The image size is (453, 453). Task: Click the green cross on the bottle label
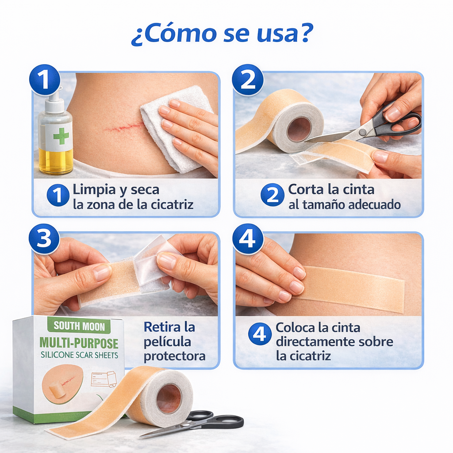[61, 136]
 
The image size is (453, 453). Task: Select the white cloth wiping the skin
[173, 128]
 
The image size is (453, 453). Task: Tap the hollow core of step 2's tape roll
[299, 129]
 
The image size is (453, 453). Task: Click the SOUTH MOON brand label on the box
[80, 326]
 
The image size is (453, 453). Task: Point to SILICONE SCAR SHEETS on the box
[80, 354]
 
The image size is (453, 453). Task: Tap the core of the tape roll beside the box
[169, 398]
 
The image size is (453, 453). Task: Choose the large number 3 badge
[44, 239]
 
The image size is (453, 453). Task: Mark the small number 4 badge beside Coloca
[260, 334]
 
